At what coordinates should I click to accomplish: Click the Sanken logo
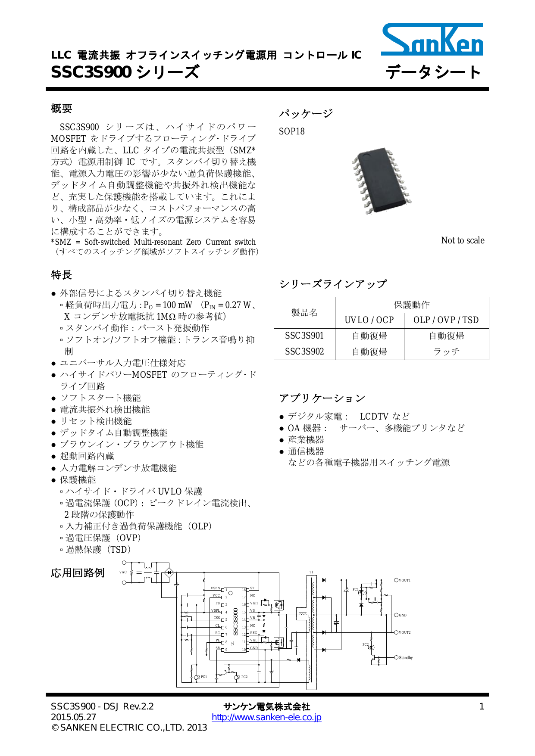coord(432,39)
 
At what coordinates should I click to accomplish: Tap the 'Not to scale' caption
coord(463,240)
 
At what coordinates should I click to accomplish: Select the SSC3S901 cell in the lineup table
coord(304,336)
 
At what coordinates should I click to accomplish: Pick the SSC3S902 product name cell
coord(304,352)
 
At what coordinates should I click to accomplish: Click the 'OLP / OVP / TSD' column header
coord(446,320)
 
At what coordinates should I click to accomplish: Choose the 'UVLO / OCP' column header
coord(369,320)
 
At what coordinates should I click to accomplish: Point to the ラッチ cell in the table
coord(446,352)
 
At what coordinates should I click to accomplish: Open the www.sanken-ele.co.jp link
coord(266,717)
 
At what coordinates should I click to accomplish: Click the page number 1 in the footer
coord(482,706)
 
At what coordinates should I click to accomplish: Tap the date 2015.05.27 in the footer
coord(73,717)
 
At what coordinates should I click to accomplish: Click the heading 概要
coord(62,109)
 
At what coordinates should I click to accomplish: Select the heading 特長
coord(62,275)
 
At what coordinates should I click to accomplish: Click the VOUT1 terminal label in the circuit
coord(404,580)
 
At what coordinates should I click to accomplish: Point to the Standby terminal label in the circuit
coord(406,658)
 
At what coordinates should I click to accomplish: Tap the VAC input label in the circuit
coord(123,572)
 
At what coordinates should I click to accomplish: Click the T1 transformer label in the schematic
coord(311,572)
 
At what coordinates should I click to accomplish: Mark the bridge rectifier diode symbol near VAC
coord(169,572)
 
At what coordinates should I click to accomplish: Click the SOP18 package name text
coord(292,131)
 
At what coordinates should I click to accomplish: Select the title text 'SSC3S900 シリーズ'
coord(125,72)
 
